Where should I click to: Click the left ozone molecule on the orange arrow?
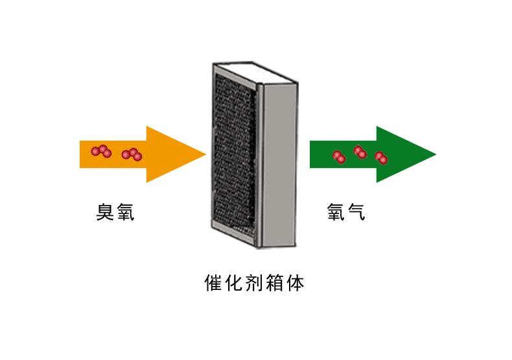pyautogui.click(x=101, y=151)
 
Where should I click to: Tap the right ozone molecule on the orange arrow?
pyautogui.click(x=132, y=154)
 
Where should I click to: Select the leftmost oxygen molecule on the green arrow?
pyautogui.click(x=338, y=156)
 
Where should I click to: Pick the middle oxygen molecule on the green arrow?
pyautogui.click(x=360, y=152)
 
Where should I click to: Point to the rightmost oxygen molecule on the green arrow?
pyautogui.click(x=381, y=158)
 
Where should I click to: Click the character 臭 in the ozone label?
pyautogui.click(x=105, y=212)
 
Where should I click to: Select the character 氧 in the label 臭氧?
pyautogui.click(x=125, y=212)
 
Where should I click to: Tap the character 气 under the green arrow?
pyautogui.click(x=356, y=212)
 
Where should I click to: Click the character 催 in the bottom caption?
pyautogui.click(x=213, y=283)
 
